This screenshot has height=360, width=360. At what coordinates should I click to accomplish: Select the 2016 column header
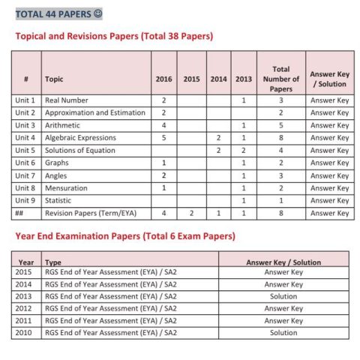(163, 79)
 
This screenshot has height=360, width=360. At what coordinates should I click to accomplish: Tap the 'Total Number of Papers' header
(280, 79)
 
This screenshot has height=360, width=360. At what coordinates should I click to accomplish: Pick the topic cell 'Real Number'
(67, 100)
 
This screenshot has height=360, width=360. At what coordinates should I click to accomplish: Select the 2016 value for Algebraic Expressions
(163, 138)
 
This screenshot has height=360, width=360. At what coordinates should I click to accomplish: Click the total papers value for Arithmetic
(280, 125)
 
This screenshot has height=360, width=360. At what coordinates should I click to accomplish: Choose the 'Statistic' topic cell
(61, 201)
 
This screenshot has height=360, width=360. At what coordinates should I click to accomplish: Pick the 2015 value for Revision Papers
(191, 214)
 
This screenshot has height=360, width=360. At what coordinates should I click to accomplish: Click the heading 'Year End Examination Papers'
(125, 236)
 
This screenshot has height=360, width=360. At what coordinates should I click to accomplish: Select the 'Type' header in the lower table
(53, 262)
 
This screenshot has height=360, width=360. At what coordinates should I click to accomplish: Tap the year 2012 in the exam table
(25, 308)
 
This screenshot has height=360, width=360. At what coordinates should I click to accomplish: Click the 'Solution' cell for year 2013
(283, 296)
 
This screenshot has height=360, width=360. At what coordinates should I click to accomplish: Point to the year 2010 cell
(25, 332)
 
